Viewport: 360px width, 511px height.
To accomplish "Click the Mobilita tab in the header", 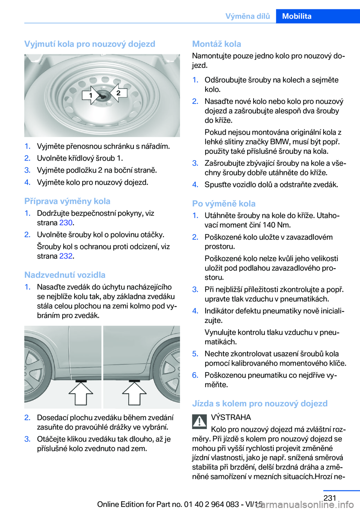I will (x=297, y=16).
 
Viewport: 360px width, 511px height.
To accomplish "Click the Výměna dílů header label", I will (x=247, y=16).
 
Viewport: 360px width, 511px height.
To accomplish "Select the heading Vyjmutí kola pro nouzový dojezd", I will (x=90, y=44).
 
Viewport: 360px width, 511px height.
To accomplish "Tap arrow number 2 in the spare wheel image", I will (x=118, y=93).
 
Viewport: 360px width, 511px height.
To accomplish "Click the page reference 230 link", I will (x=66, y=222).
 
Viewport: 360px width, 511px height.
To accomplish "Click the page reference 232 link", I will (x=66, y=256).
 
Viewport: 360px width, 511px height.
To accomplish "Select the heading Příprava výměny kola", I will (x=67, y=201).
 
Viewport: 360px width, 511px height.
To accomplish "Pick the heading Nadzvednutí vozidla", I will (x=65, y=275).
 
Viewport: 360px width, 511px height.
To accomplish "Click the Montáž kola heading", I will (x=216, y=44).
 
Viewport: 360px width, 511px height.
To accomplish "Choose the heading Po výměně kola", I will (x=223, y=203).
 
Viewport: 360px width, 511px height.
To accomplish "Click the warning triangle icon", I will (x=199, y=421).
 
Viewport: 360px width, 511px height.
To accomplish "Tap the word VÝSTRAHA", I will (x=231, y=417).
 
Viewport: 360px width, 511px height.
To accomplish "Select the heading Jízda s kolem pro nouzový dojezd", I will (x=259, y=403).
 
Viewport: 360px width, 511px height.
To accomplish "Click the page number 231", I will (x=330, y=498).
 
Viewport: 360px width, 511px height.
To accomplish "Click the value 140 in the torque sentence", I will (x=269, y=225).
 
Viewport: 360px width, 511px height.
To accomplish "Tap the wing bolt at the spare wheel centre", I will (x=102, y=96).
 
